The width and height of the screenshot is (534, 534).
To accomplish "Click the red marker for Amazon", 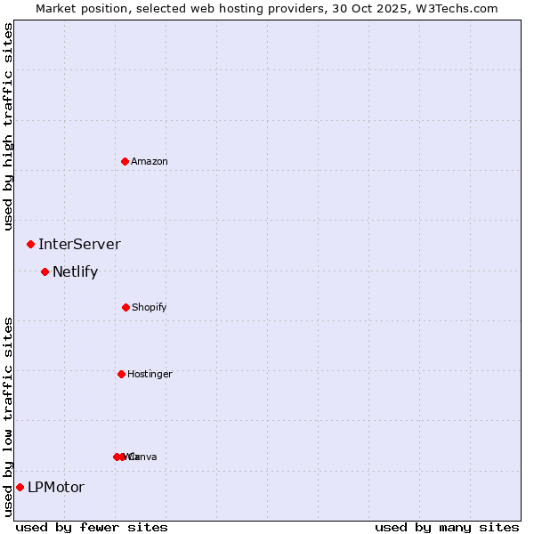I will point(125,161).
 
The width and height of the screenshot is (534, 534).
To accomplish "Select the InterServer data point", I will point(30,244).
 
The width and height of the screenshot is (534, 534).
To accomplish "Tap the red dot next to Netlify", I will point(44,271).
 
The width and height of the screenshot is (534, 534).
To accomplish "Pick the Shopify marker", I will point(125,307).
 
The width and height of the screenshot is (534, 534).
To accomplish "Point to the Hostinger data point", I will point(121,374).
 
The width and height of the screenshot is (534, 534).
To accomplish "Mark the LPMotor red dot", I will point(20,487).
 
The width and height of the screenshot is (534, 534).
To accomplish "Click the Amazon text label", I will point(150,161).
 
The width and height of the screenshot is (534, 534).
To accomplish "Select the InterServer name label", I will point(79,244).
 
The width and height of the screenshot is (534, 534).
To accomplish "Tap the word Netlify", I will point(75,271).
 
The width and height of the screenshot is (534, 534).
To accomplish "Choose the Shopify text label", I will point(150,307).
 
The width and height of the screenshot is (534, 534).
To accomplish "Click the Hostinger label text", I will point(150,374).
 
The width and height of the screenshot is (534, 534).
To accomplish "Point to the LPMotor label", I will point(56,487).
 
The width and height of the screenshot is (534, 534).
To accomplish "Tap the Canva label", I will point(144,457).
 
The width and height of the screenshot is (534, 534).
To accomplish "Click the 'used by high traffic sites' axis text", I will point(8,126).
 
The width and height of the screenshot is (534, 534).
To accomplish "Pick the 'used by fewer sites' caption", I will point(92,527).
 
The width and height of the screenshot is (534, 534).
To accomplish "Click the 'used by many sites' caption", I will point(447,527).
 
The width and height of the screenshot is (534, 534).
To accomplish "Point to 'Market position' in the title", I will point(78,8).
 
